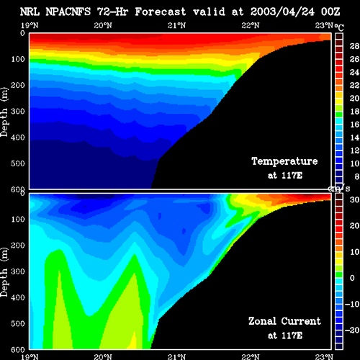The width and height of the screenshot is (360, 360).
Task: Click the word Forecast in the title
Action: [x=161, y=12]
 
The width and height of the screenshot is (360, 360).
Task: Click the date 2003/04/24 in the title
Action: [x=282, y=12]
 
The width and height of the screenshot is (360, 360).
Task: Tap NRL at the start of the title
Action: [x=30, y=12]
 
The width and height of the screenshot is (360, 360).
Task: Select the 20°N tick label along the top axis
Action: [x=103, y=25]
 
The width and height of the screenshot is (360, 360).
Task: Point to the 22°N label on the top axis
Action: [x=251, y=25]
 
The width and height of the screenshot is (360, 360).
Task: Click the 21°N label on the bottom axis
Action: [x=176, y=356]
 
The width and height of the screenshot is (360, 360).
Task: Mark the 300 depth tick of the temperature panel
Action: [x=18, y=112]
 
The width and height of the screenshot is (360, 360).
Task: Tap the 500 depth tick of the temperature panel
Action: [x=18, y=163]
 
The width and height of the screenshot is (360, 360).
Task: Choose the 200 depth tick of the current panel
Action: [x=18, y=246]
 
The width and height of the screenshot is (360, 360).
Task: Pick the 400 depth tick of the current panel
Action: [x=18, y=297]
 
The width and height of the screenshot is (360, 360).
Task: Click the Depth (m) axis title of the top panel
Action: [x=4, y=112]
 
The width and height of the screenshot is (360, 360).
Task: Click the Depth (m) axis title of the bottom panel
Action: [x=4, y=272]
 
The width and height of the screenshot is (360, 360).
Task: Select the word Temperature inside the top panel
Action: [x=284, y=161]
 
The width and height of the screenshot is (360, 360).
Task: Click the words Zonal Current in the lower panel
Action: [x=284, y=321]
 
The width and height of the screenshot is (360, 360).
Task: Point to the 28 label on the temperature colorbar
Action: [x=354, y=46]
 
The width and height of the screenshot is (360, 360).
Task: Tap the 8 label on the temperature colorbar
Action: [x=357, y=176]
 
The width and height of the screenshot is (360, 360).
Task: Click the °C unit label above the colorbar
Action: [x=339, y=27]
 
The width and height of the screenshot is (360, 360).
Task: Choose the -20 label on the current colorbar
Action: [x=352, y=330]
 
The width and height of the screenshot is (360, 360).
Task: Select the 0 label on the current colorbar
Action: [x=352, y=278]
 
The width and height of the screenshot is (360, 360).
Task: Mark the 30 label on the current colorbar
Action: [x=354, y=199]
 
